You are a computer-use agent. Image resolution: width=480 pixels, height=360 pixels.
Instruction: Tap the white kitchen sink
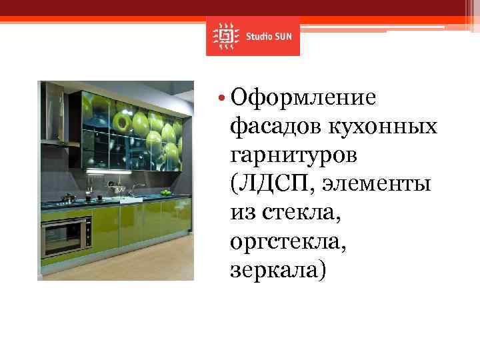[x=128, y=198]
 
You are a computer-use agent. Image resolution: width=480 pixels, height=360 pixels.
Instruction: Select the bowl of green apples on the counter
[x=165, y=193]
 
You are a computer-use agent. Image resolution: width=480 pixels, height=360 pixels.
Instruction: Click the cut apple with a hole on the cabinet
[x=123, y=120]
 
